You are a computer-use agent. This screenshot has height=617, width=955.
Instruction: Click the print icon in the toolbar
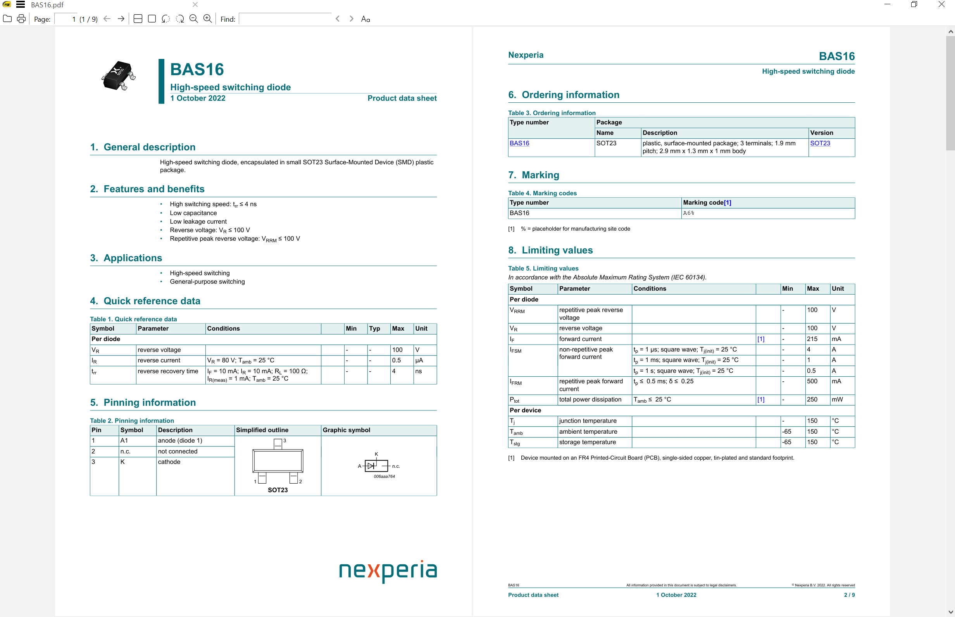tap(21, 19)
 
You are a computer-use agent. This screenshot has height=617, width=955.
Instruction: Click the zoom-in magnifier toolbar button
tap(207, 19)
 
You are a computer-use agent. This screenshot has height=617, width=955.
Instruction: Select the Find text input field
tap(285, 19)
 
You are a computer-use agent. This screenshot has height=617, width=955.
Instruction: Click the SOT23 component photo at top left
tap(119, 76)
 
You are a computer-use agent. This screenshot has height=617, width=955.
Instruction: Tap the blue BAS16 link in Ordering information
tap(519, 143)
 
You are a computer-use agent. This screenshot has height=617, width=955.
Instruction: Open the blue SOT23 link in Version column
tap(820, 143)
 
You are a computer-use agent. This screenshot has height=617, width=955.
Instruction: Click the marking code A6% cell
tap(689, 213)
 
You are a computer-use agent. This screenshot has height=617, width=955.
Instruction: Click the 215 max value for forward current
tap(812, 339)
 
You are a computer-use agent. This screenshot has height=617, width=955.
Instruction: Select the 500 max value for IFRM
tap(812, 381)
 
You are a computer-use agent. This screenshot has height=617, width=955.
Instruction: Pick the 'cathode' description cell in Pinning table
tap(169, 462)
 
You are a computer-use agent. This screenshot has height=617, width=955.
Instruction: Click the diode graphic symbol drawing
tap(377, 465)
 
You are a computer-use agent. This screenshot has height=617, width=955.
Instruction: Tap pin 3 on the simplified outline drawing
tap(278, 443)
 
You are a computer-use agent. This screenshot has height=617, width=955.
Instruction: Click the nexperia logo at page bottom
tap(387, 570)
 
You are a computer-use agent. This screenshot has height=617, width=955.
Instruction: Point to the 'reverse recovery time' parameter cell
tap(168, 371)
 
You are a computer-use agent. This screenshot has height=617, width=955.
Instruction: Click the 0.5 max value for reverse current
tap(396, 360)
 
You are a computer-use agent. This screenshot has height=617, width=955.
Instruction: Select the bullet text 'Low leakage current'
tap(198, 222)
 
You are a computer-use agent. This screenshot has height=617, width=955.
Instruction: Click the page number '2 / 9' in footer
tap(849, 595)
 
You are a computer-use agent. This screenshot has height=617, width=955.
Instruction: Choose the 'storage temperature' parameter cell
tap(587, 442)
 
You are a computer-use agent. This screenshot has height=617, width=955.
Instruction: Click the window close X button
tap(941, 5)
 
